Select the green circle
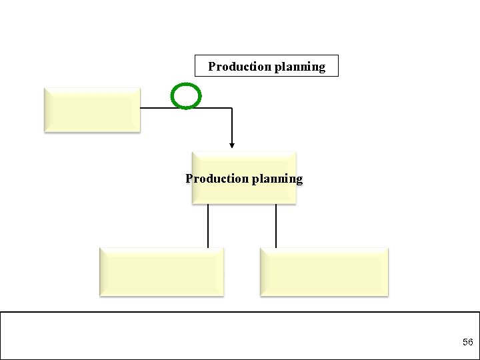(186, 96)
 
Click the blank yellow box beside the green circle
(92, 109)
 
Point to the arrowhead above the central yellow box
(232, 145)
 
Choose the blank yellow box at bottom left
(161, 271)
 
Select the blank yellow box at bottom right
(323, 271)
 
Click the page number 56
(467, 342)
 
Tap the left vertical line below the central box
(208, 225)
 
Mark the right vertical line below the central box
(276, 225)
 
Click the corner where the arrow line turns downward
(232, 107)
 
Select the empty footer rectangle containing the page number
(240, 335)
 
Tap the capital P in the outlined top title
(212, 67)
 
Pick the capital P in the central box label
(189, 179)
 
